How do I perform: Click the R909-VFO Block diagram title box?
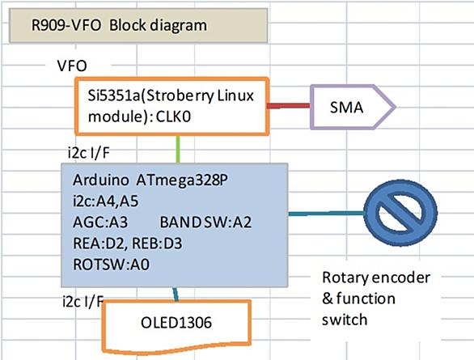(x=138, y=25)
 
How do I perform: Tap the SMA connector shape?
(x=353, y=107)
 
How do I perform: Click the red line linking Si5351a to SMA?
(x=289, y=106)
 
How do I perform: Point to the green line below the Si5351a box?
(x=178, y=150)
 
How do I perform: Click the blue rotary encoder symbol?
(x=400, y=213)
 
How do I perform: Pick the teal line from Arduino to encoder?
(x=326, y=214)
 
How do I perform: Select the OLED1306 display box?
(x=177, y=327)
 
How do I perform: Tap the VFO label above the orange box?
(x=72, y=66)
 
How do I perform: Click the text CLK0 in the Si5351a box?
(x=173, y=117)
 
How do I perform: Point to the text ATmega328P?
(x=182, y=180)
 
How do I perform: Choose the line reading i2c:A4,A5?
(x=105, y=201)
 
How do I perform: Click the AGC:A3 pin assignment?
(x=100, y=222)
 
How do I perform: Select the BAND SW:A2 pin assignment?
(x=205, y=222)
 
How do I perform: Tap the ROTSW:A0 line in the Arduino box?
(x=112, y=265)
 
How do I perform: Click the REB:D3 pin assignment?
(x=157, y=244)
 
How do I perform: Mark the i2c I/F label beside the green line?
(x=89, y=153)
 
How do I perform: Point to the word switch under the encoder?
(x=345, y=320)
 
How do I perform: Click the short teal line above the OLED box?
(x=176, y=294)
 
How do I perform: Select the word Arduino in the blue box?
(x=100, y=180)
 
